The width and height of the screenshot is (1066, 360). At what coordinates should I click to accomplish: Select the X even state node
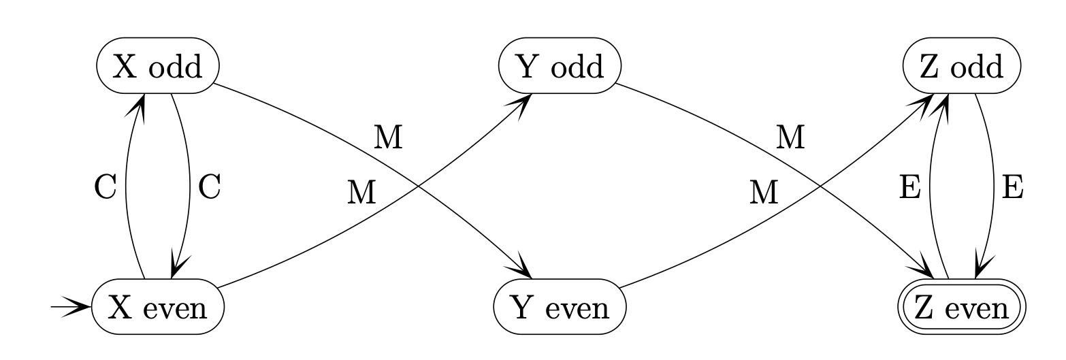pos(158,309)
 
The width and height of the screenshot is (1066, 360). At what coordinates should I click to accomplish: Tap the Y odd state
pos(560,67)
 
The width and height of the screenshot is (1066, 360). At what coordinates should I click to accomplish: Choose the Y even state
pos(560,309)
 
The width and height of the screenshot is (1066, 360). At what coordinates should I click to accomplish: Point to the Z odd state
pos(962,67)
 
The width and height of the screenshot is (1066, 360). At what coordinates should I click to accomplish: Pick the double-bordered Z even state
pos(962,309)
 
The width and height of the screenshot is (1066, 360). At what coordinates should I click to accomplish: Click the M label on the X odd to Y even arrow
pos(389,137)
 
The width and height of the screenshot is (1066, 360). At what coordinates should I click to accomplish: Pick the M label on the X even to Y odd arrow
pos(361,194)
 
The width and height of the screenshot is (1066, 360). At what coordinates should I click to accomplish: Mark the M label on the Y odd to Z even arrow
pos(791,137)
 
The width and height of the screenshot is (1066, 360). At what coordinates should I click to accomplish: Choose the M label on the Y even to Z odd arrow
pos(764,194)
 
